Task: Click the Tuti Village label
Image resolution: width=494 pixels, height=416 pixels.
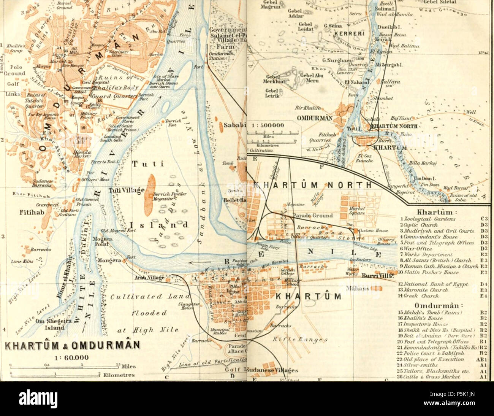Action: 127,190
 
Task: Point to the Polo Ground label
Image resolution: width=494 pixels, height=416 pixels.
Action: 12,70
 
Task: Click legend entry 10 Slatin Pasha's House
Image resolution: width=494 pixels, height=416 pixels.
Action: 432,272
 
